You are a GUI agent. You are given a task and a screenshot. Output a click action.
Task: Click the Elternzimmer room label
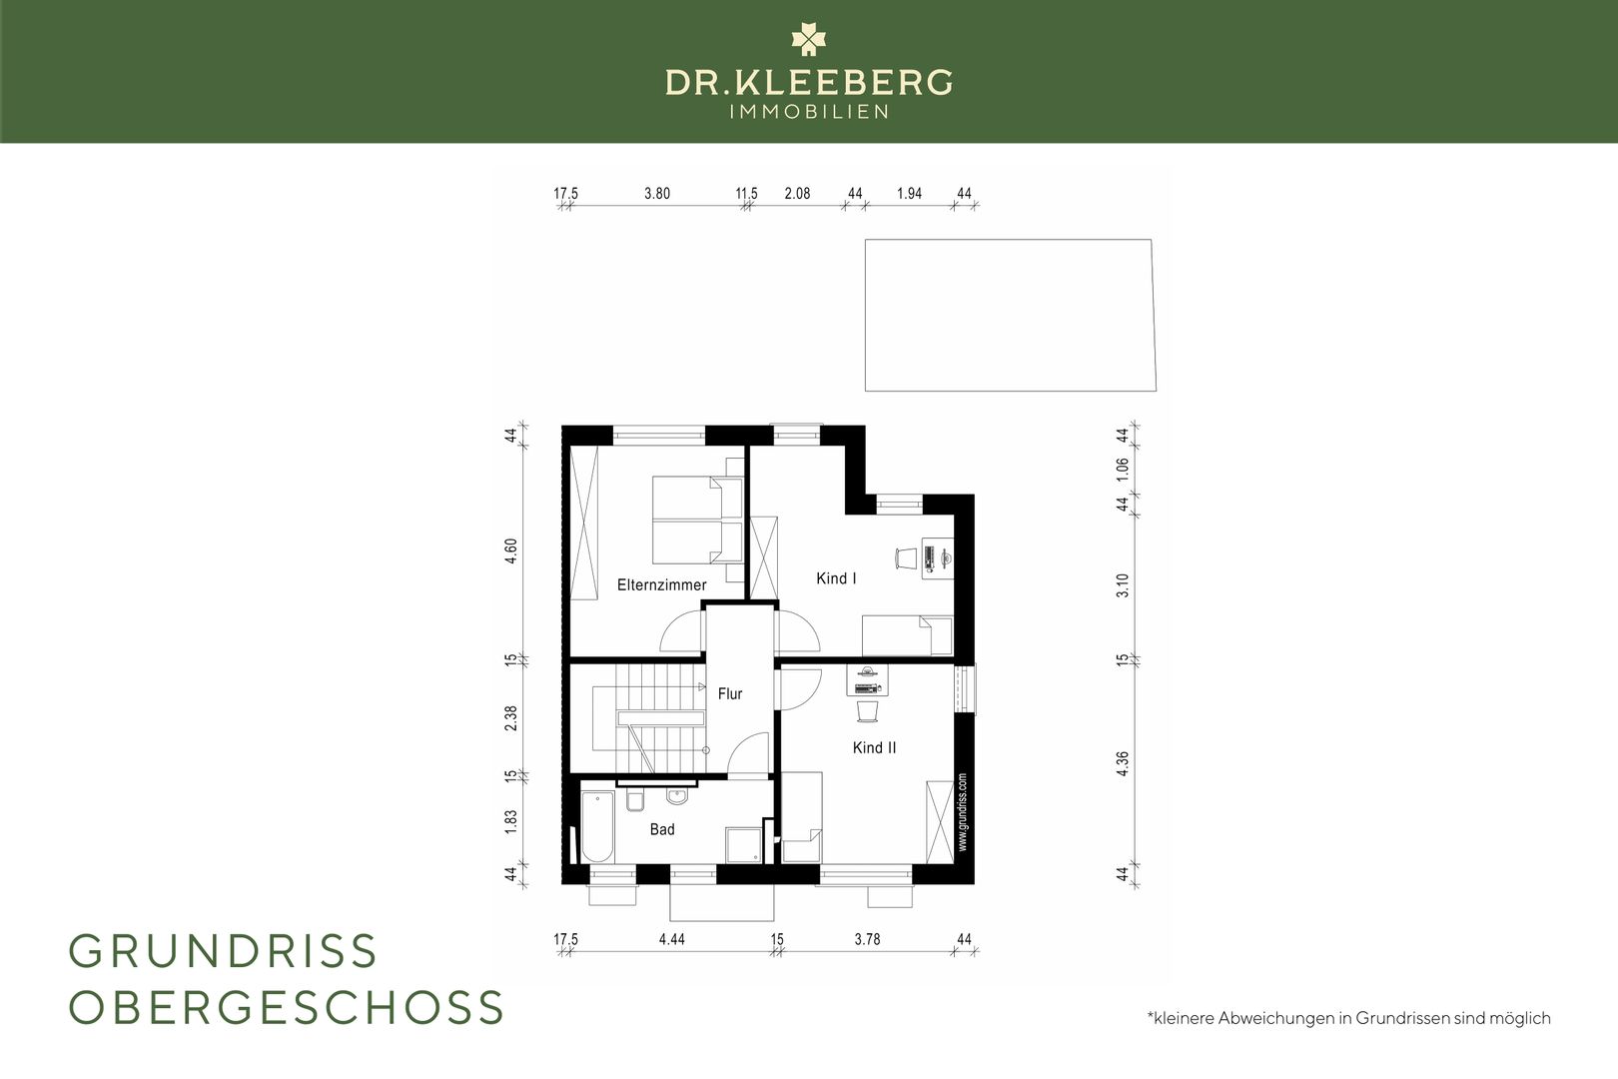pos(661,584)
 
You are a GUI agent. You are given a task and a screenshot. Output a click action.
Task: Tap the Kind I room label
pos(836,578)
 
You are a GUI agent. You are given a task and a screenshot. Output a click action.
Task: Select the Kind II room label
pos(874,747)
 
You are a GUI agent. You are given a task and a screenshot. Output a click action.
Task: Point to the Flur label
pos(730,693)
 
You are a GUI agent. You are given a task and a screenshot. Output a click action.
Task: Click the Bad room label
pos(662,829)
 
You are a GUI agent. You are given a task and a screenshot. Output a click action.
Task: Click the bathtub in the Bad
pos(597,827)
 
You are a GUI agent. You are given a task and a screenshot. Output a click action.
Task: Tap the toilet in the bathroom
pos(635,800)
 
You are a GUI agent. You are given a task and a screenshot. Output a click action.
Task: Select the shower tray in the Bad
pos(743,845)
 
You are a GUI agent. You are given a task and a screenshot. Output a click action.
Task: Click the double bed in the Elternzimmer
pos(698,519)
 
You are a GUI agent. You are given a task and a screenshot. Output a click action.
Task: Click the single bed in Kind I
pos(908,635)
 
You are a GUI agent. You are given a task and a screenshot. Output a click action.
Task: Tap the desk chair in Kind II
pos(868,711)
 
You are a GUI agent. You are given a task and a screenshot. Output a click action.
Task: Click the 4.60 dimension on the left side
pos(510,550)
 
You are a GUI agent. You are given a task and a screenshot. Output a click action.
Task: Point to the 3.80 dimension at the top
pos(657,194)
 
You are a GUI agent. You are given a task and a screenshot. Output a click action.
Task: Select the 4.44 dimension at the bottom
pos(672,939)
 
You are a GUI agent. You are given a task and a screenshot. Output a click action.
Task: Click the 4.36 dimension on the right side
pos(1122,764)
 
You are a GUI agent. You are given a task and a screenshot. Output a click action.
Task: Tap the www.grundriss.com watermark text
pos(962,812)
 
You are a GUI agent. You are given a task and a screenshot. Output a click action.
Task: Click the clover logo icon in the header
pos(808,39)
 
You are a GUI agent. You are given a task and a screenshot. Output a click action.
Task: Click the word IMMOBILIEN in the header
pos(809,112)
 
